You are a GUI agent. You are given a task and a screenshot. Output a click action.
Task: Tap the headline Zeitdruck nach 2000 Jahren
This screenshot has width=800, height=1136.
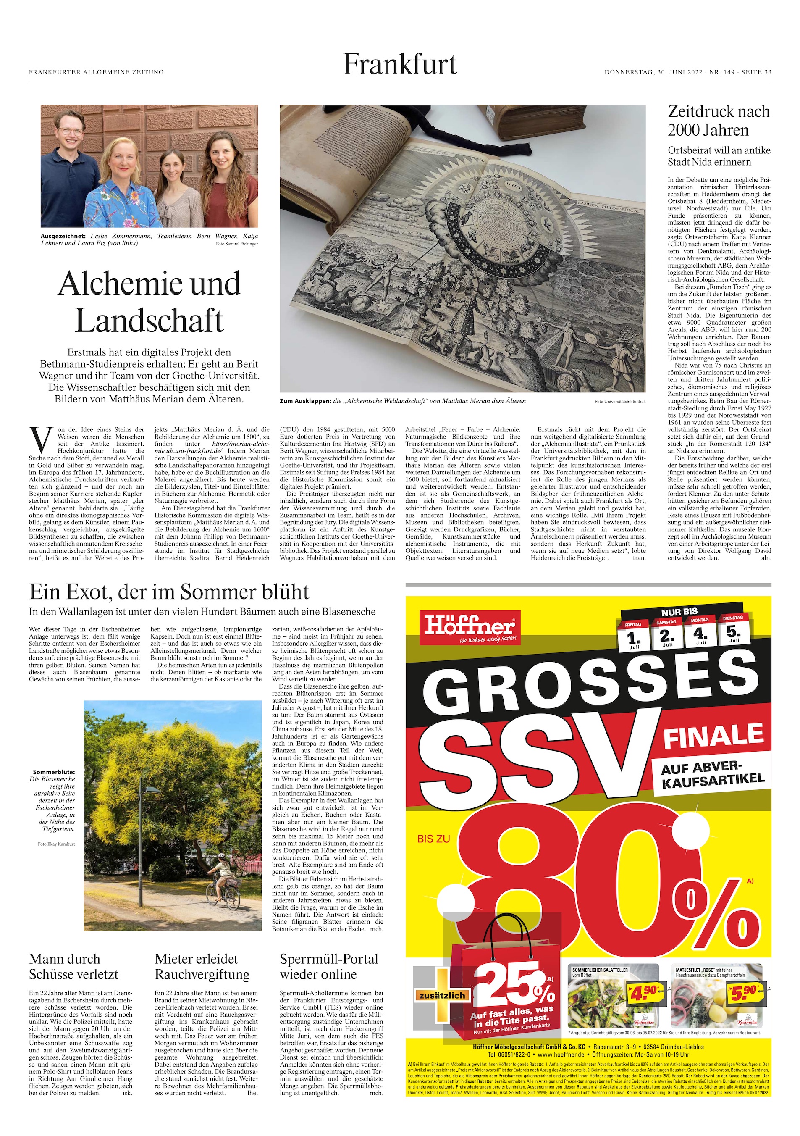(x=719, y=121)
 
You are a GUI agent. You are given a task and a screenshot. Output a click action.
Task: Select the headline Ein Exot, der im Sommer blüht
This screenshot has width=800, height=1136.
(x=169, y=592)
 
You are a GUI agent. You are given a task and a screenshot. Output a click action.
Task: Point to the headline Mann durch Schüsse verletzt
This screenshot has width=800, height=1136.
(x=73, y=967)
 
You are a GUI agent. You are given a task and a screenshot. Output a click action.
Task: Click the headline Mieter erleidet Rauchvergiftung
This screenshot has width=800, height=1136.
(x=202, y=967)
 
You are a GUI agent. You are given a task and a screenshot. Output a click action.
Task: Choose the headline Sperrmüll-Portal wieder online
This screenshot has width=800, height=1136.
(x=329, y=967)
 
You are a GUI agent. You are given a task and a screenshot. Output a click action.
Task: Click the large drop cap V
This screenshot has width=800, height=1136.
(x=39, y=437)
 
